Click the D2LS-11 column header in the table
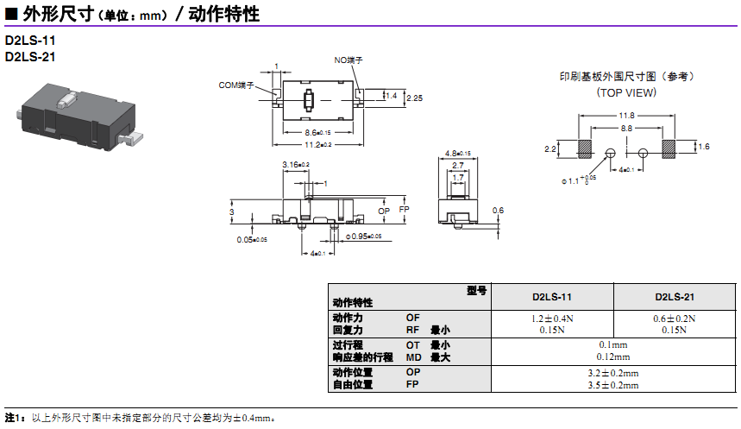pyautogui.click(x=552, y=297)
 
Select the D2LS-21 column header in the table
pyautogui.click(x=675, y=297)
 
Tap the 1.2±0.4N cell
pyautogui.click(x=552, y=319)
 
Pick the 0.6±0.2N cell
pyautogui.click(x=675, y=319)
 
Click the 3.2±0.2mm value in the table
pyautogui.click(x=613, y=373)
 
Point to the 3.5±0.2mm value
pyautogui.click(x=613, y=385)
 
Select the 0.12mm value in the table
pyautogui.click(x=613, y=356)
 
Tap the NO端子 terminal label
pyautogui.click(x=349, y=60)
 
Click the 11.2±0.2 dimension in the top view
pyautogui.click(x=318, y=144)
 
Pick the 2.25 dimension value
pyautogui.click(x=414, y=98)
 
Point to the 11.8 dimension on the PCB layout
pyautogui.click(x=625, y=116)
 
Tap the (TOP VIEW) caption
pyautogui.click(x=626, y=92)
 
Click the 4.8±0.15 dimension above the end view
pyautogui.click(x=457, y=153)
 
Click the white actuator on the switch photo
pyautogui.click(x=66, y=101)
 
